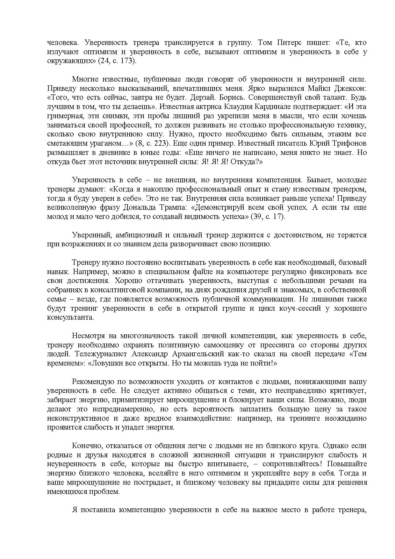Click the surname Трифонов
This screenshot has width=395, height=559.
pyautogui.click(x=349, y=143)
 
